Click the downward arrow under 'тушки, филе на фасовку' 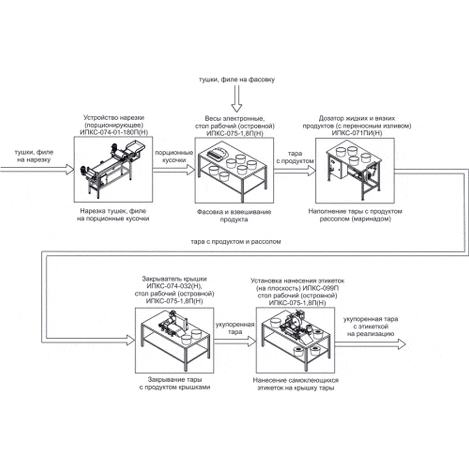[x=236, y=99]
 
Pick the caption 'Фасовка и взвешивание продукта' [x=234, y=216]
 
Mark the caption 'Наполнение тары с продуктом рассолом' [x=355, y=215]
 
